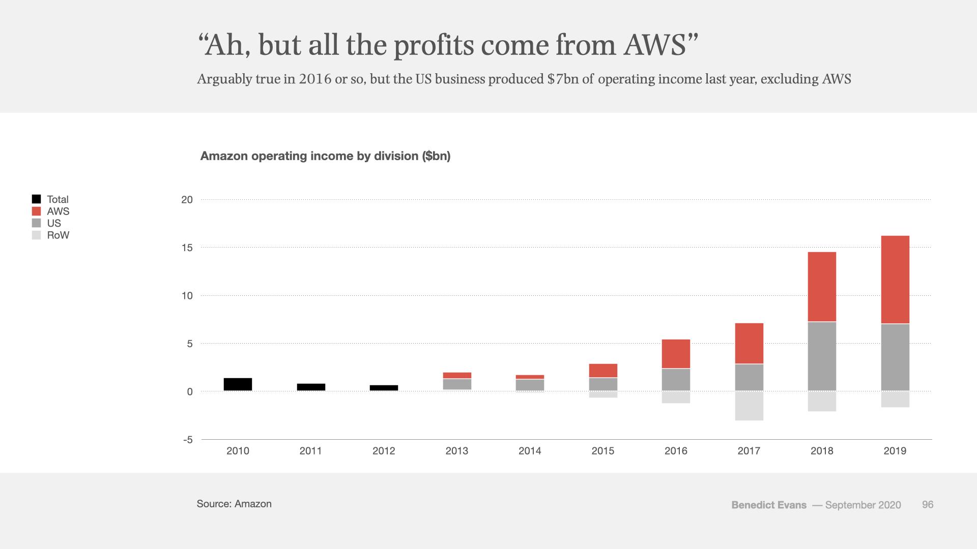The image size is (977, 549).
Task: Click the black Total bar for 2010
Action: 238,384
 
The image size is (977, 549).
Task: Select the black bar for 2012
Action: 384,388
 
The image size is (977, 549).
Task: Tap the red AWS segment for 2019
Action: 895,280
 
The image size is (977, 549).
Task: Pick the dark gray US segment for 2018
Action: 822,356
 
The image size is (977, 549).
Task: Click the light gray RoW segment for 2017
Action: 749,406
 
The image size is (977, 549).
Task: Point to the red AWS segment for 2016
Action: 676,354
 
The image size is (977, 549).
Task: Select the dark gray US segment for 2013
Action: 457,384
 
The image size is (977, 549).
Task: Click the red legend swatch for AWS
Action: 36,211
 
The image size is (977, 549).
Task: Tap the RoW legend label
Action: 58,235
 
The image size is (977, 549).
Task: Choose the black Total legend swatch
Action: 36,199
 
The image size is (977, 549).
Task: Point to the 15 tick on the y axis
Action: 187,248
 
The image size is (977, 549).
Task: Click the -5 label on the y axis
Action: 188,440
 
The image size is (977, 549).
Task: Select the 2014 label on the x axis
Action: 530,451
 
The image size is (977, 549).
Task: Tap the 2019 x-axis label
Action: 895,451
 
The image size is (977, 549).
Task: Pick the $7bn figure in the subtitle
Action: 563,79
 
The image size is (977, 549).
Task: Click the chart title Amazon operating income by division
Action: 325,156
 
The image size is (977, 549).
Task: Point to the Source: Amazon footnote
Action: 234,504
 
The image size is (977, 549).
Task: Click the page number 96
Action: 928,505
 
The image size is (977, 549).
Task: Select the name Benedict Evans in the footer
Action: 769,505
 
